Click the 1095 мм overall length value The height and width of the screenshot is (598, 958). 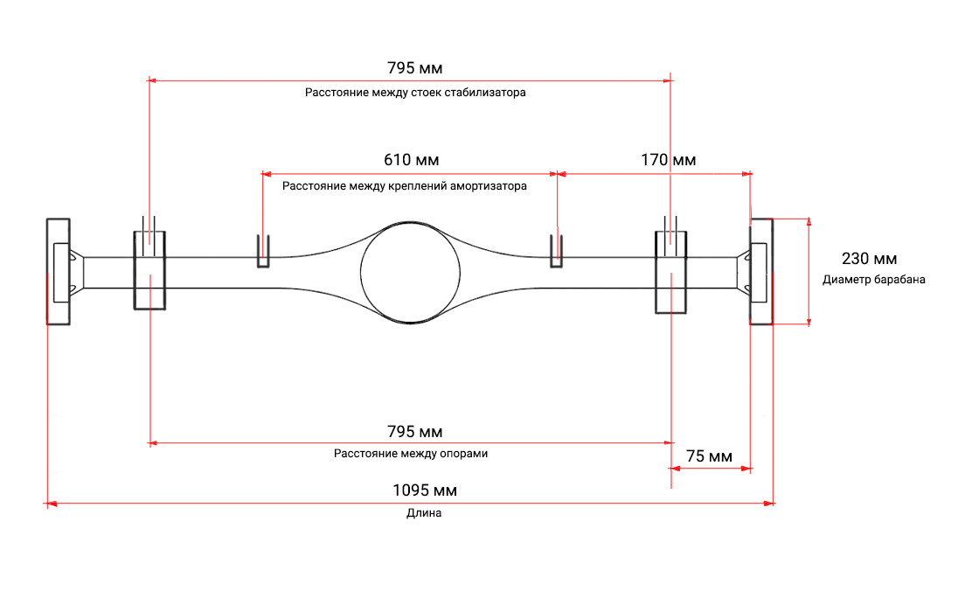[425, 490]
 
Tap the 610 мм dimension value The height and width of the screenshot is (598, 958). [411, 160]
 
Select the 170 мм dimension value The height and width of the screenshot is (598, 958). [668, 160]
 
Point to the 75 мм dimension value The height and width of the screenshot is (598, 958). [709, 456]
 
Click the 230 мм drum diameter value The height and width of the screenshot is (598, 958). [870, 259]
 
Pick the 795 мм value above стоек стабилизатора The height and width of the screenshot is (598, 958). [415, 68]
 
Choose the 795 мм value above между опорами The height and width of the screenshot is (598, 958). [415, 432]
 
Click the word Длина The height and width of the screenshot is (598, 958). [424, 514]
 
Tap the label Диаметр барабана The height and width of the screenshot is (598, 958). [874, 280]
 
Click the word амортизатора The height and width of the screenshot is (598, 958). [488, 186]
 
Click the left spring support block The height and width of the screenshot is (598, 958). [135, 271]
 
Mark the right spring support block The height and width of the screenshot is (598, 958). [656, 273]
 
